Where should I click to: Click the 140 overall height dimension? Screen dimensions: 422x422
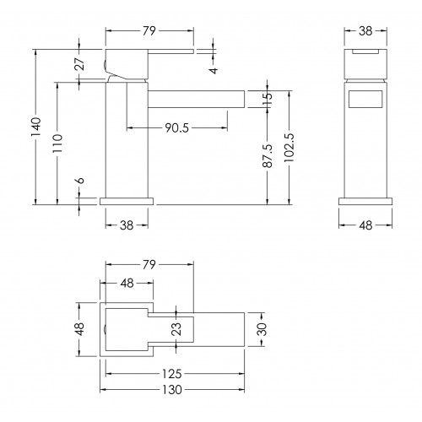(x=36, y=127)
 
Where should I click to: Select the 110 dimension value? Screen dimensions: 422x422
(x=57, y=143)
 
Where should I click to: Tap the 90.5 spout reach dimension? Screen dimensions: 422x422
(x=176, y=128)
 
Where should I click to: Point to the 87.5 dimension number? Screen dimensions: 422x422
(x=268, y=155)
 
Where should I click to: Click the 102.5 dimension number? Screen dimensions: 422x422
(x=289, y=148)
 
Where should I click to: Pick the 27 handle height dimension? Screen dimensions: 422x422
(x=79, y=64)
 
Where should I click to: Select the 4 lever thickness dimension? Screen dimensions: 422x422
(x=214, y=70)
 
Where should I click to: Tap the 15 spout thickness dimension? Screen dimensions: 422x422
(x=268, y=99)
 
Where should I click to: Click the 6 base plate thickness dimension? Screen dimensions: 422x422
(x=80, y=181)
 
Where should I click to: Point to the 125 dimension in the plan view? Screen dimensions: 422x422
(x=172, y=374)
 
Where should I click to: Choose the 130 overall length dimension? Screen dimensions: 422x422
(x=172, y=390)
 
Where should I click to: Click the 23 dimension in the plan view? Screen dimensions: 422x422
(x=176, y=328)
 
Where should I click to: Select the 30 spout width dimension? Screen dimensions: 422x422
(x=262, y=329)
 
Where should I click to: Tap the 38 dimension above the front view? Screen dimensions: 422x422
(x=365, y=31)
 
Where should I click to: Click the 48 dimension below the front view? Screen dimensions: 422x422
(x=365, y=225)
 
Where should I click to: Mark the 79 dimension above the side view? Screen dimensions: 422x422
(x=149, y=31)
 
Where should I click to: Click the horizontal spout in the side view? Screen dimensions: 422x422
(x=196, y=99)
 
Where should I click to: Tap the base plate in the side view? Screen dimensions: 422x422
(x=127, y=201)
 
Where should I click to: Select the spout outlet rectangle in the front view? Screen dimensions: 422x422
(x=365, y=99)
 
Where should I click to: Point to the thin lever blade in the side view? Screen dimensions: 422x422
(x=170, y=51)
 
